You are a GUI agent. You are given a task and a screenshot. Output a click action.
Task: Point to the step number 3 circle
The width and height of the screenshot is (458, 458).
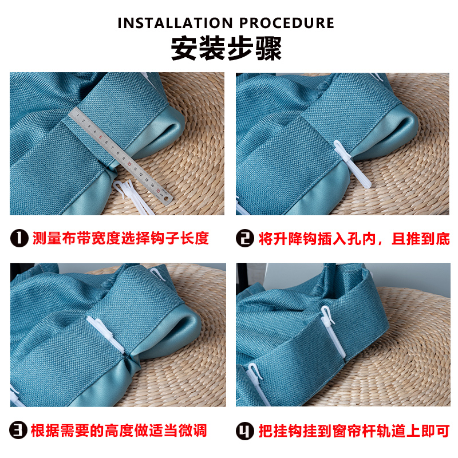pyautogui.click(x=20, y=430)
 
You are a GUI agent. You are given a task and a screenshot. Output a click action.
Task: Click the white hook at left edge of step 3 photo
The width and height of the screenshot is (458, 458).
pyautogui.click(x=17, y=396)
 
